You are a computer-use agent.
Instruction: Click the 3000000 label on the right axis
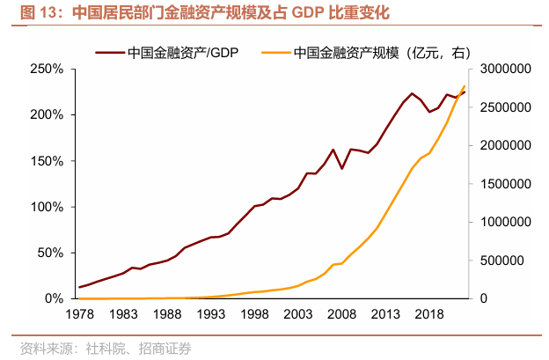(501, 69)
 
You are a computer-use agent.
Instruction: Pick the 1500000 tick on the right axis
(501, 184)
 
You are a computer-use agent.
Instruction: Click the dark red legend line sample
(108, 53)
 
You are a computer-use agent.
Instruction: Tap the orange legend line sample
(276, 53)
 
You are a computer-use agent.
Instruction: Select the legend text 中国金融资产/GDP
(181, 53)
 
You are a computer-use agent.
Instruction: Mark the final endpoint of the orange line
(464, 86)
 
